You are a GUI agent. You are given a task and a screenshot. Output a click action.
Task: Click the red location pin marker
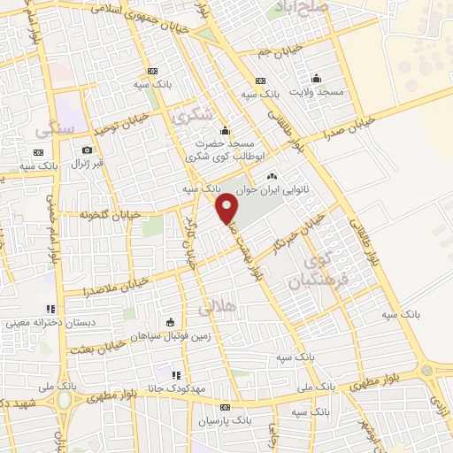click(227, 208)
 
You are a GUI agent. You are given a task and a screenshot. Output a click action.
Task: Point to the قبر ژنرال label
click(87, 164)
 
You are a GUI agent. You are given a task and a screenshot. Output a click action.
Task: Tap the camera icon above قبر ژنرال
click(87, 150)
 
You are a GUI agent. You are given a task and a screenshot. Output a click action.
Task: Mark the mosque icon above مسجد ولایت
click(317, 78)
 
